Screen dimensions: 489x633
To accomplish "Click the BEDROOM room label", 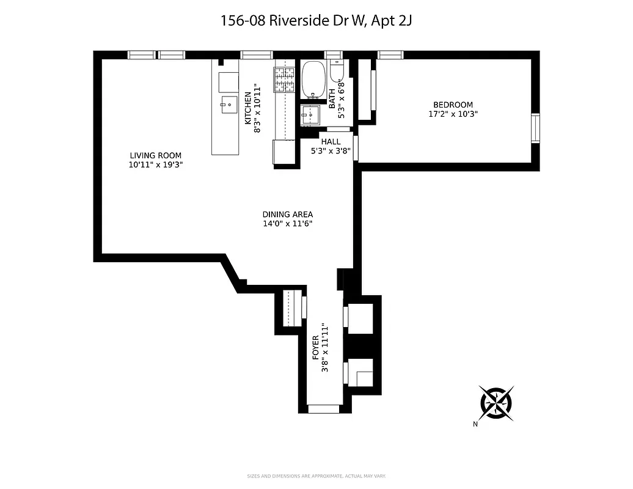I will [x=453, y=105].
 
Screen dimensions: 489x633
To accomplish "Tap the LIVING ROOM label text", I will [x=155, y=155].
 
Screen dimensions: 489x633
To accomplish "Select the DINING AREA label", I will [x=287, y=214].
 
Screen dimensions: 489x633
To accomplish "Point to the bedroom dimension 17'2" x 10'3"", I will [x=453, y=114].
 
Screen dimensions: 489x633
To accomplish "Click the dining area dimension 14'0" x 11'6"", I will [x=287, y=223].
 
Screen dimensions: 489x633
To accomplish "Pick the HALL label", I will [x=331, y=141].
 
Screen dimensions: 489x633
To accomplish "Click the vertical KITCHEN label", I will [x=247, y=108].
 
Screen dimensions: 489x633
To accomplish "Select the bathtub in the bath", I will [x=314, y=79].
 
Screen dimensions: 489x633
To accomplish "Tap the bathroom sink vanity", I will [x=310, y=114].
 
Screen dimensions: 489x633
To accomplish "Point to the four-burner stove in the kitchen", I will [x=284, y=79].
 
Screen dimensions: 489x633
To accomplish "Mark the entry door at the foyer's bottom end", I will [x=323, y=408].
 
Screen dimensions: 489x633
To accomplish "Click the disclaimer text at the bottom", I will [x=316, y=476].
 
